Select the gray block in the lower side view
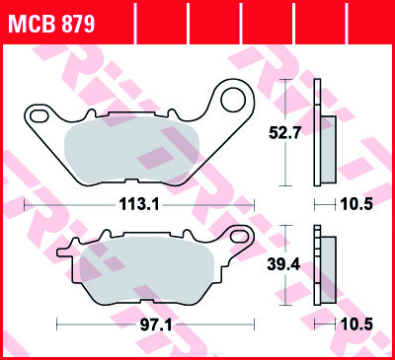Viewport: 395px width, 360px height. coord(326,267)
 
